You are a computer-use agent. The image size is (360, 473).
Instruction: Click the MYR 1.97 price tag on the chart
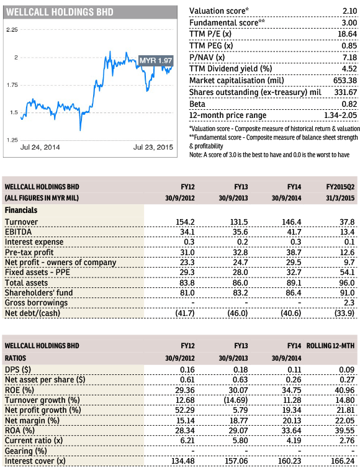[x=156, y=61]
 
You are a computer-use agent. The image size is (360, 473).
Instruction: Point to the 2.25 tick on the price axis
[x=12, y=30]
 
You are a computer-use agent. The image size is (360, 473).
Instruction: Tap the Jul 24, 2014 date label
[x=40, y=147]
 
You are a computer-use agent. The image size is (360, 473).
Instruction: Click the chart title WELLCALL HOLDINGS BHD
[x=60, y=12]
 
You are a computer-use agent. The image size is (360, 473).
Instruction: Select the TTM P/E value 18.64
[x=347, y=34]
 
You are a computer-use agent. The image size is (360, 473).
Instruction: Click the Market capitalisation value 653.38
[x=345, y=81]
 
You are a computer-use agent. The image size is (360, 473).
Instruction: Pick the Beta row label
[x=197, y=104]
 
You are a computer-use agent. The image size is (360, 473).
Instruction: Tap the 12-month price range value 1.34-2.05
[x=340, y=115]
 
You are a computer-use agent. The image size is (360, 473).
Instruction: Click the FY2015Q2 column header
[x=340, y=187]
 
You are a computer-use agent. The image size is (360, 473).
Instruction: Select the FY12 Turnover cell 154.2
[x=186, y=222]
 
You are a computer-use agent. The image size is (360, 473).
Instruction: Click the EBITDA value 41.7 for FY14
[x=294, y=232]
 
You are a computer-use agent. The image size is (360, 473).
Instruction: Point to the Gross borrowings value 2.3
[x=349, y=303]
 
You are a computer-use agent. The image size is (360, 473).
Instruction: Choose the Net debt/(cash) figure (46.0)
[x=238, y=313]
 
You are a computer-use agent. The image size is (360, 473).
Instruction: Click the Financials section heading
[x=21, y=210]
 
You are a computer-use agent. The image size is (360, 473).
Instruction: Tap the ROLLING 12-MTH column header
[x=330, y=346]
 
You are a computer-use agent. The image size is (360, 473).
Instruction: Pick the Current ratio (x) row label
[x=34, y=441]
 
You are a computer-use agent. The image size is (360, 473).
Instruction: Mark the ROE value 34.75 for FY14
[x=292, y=390]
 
